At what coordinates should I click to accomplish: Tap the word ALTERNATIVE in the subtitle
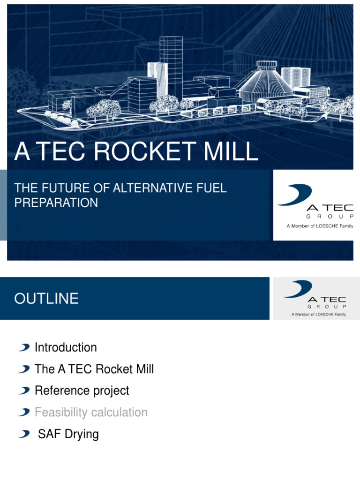point(153,188)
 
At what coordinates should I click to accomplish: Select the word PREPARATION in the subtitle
point(56,202)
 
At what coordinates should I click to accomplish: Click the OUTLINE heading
point(46,299)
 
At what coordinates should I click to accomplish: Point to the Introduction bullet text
point(66,347)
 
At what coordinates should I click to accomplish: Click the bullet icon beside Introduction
point(24,347)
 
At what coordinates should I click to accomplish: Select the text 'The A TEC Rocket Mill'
point(94,369)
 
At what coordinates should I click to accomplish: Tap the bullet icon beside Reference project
point(24,390)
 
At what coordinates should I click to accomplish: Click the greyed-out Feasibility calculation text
point(91,412)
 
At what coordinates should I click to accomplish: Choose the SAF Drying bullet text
point(68,434)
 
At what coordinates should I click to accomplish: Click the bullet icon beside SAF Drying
point(24,434)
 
